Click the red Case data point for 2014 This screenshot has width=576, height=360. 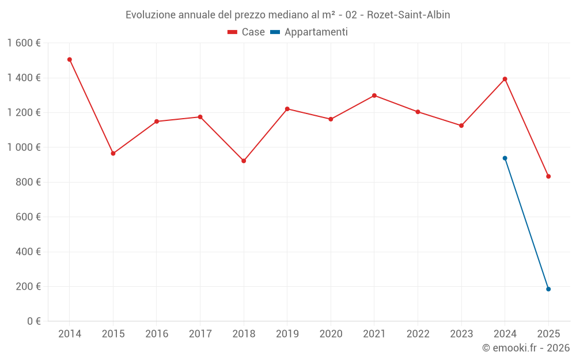[70, 59]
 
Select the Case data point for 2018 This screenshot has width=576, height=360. [244, 161]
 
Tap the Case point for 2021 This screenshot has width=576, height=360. [374, 96]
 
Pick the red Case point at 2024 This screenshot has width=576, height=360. [505, 79]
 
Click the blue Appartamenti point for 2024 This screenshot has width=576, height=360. [505, 158]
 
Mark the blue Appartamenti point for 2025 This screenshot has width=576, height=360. [548, 289]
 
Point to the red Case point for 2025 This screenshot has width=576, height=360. [548, 176]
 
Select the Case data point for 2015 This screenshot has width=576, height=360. [113, 153]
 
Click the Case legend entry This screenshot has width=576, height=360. [247, 32]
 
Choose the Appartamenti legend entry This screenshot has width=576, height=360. [309, 32]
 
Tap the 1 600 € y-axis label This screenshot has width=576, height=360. [24, 43]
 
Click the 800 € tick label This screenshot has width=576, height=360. [28, 182]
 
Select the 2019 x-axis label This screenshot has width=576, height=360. [287, 334]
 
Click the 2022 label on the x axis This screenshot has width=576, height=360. [418, 334]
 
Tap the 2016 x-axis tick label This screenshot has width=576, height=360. [157, 334]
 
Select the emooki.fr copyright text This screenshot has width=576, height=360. [525, 348]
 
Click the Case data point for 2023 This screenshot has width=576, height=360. [461, 126]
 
